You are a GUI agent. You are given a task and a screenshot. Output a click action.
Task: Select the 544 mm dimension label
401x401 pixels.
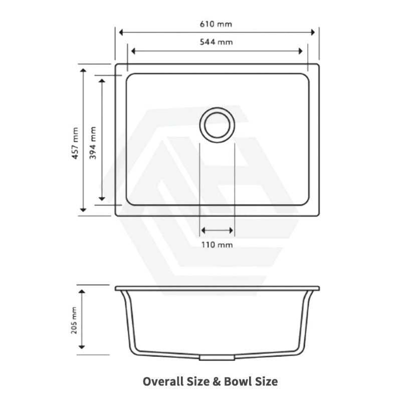tap(217, 42)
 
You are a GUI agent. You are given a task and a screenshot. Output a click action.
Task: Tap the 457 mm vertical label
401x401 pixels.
tap(75, 143)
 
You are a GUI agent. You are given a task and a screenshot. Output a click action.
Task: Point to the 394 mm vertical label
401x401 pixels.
tap(93, 143)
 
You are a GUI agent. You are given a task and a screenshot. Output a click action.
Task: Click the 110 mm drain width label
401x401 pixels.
tap(217, 245)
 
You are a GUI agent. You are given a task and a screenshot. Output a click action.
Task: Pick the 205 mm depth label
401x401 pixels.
tap(75, 321)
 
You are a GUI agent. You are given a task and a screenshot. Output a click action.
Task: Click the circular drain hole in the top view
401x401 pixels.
tap(217, 124)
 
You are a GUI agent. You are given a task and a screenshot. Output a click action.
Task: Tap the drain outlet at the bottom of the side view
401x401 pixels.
tap(217, 358)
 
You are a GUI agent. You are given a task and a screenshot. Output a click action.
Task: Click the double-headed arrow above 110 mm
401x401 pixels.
tap(217, 231)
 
